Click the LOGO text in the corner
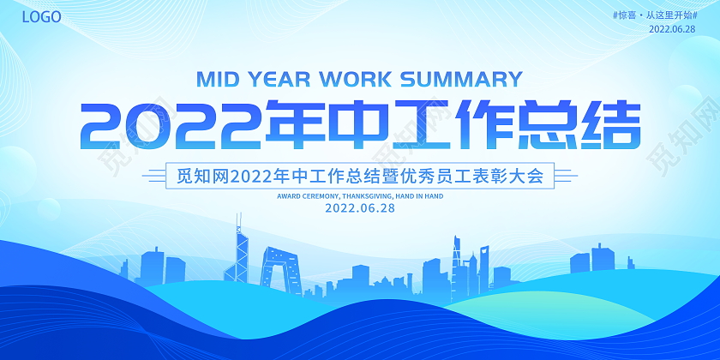[x=41, y=16]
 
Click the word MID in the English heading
[x=219, y=79]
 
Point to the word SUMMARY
[x=459, y=79]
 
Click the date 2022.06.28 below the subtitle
[x=360, y=208]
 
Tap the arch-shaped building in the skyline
[x=278, y=267]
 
